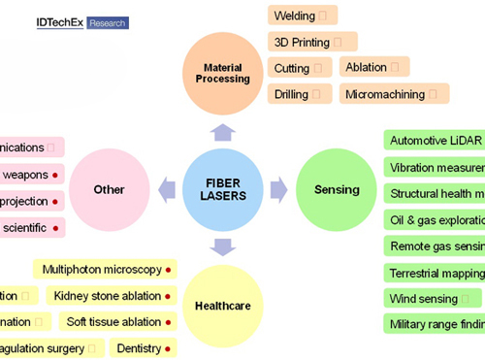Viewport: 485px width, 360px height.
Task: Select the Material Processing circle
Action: tap(224, 73)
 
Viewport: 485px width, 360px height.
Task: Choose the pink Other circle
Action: tap(109, 189)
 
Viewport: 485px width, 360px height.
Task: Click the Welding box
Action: tap(303, 16)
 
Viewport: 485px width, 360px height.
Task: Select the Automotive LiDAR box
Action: tap(434, 140)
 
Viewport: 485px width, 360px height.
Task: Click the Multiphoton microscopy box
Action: tap(106, 269)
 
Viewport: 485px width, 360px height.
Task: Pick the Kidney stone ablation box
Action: tap(113, 295)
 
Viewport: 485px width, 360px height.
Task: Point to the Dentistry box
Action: tap(144, 347)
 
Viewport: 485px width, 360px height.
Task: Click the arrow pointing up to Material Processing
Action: tap(224, 132)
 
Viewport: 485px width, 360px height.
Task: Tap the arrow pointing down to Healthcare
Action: tap(224, 245)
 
